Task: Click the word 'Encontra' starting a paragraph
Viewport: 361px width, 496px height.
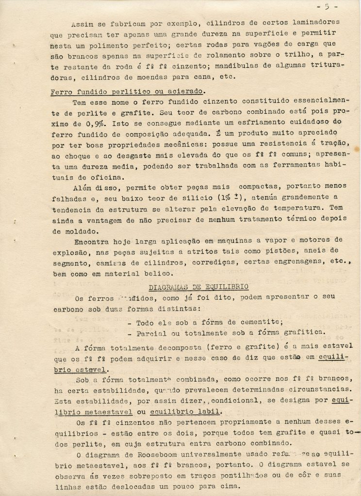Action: coord(90,240)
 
